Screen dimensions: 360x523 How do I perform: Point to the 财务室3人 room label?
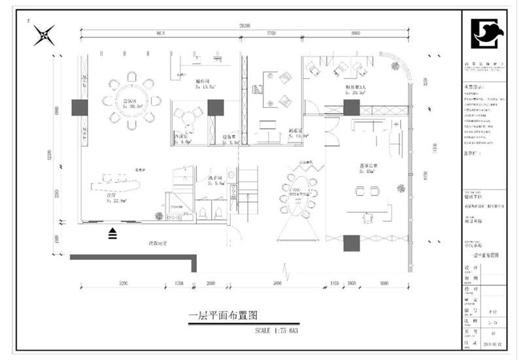[356, 88]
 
